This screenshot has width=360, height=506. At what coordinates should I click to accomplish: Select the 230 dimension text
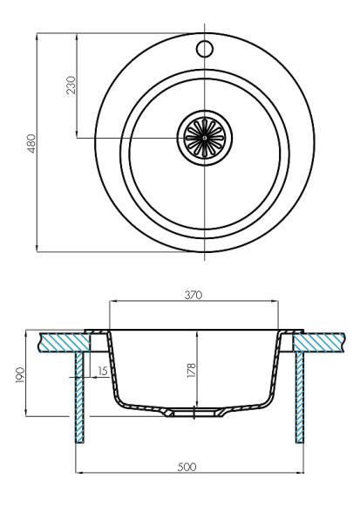pos(71,85)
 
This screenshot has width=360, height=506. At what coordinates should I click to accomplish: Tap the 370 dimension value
pos(194,296)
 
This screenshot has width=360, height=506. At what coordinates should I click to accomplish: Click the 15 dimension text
pos(104,372)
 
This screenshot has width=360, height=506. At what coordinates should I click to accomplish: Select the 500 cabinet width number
pos(187,467)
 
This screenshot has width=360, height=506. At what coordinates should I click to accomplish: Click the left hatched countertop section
pos(61,341)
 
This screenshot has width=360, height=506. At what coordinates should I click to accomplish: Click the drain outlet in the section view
pos(194,411)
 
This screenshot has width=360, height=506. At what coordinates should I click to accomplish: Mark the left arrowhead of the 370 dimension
pos(112,303)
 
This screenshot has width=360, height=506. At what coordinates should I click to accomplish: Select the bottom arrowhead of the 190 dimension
pos(32,413)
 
